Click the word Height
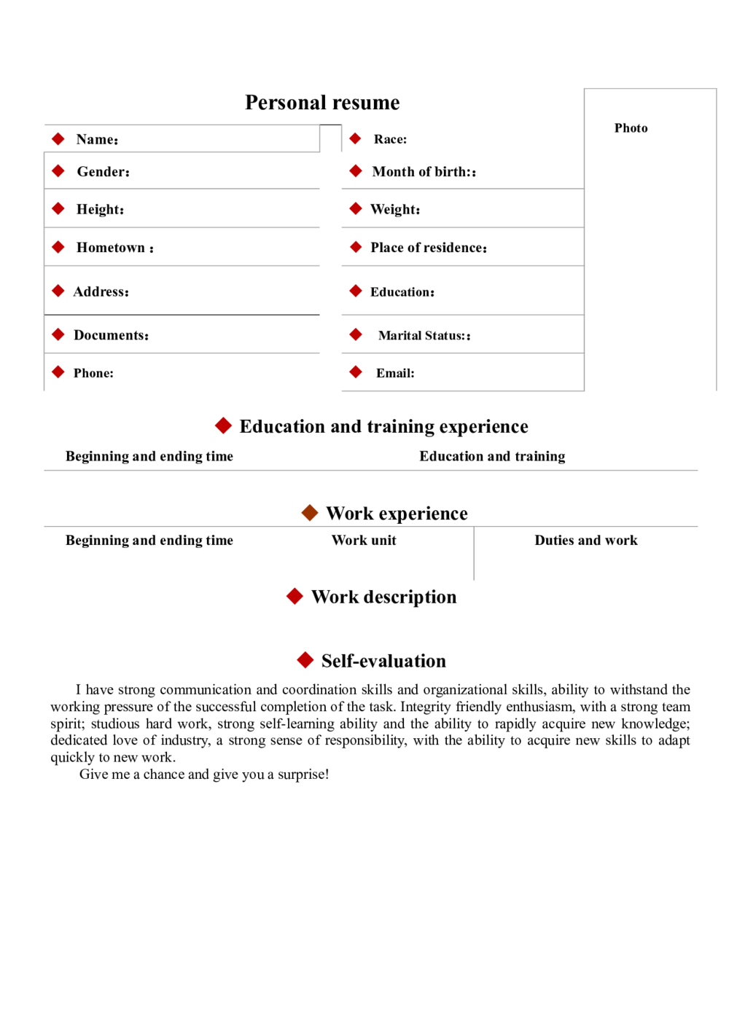point(98,210)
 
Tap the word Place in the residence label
point(386,248)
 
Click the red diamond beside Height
point(58,208)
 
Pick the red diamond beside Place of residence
point(355,247)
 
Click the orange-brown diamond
point(309,512)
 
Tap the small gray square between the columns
point(329,140)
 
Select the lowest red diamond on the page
point(305,660)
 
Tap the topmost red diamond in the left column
point(58,138)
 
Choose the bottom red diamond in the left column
point(58,372)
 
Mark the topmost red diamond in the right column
point(355,138)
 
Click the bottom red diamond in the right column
point(355,372)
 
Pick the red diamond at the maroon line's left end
point(58,291)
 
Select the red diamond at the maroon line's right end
point(355,291)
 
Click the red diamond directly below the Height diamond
point(58,247)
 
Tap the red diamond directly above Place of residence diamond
point(355,208)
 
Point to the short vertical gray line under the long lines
point(475,556)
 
